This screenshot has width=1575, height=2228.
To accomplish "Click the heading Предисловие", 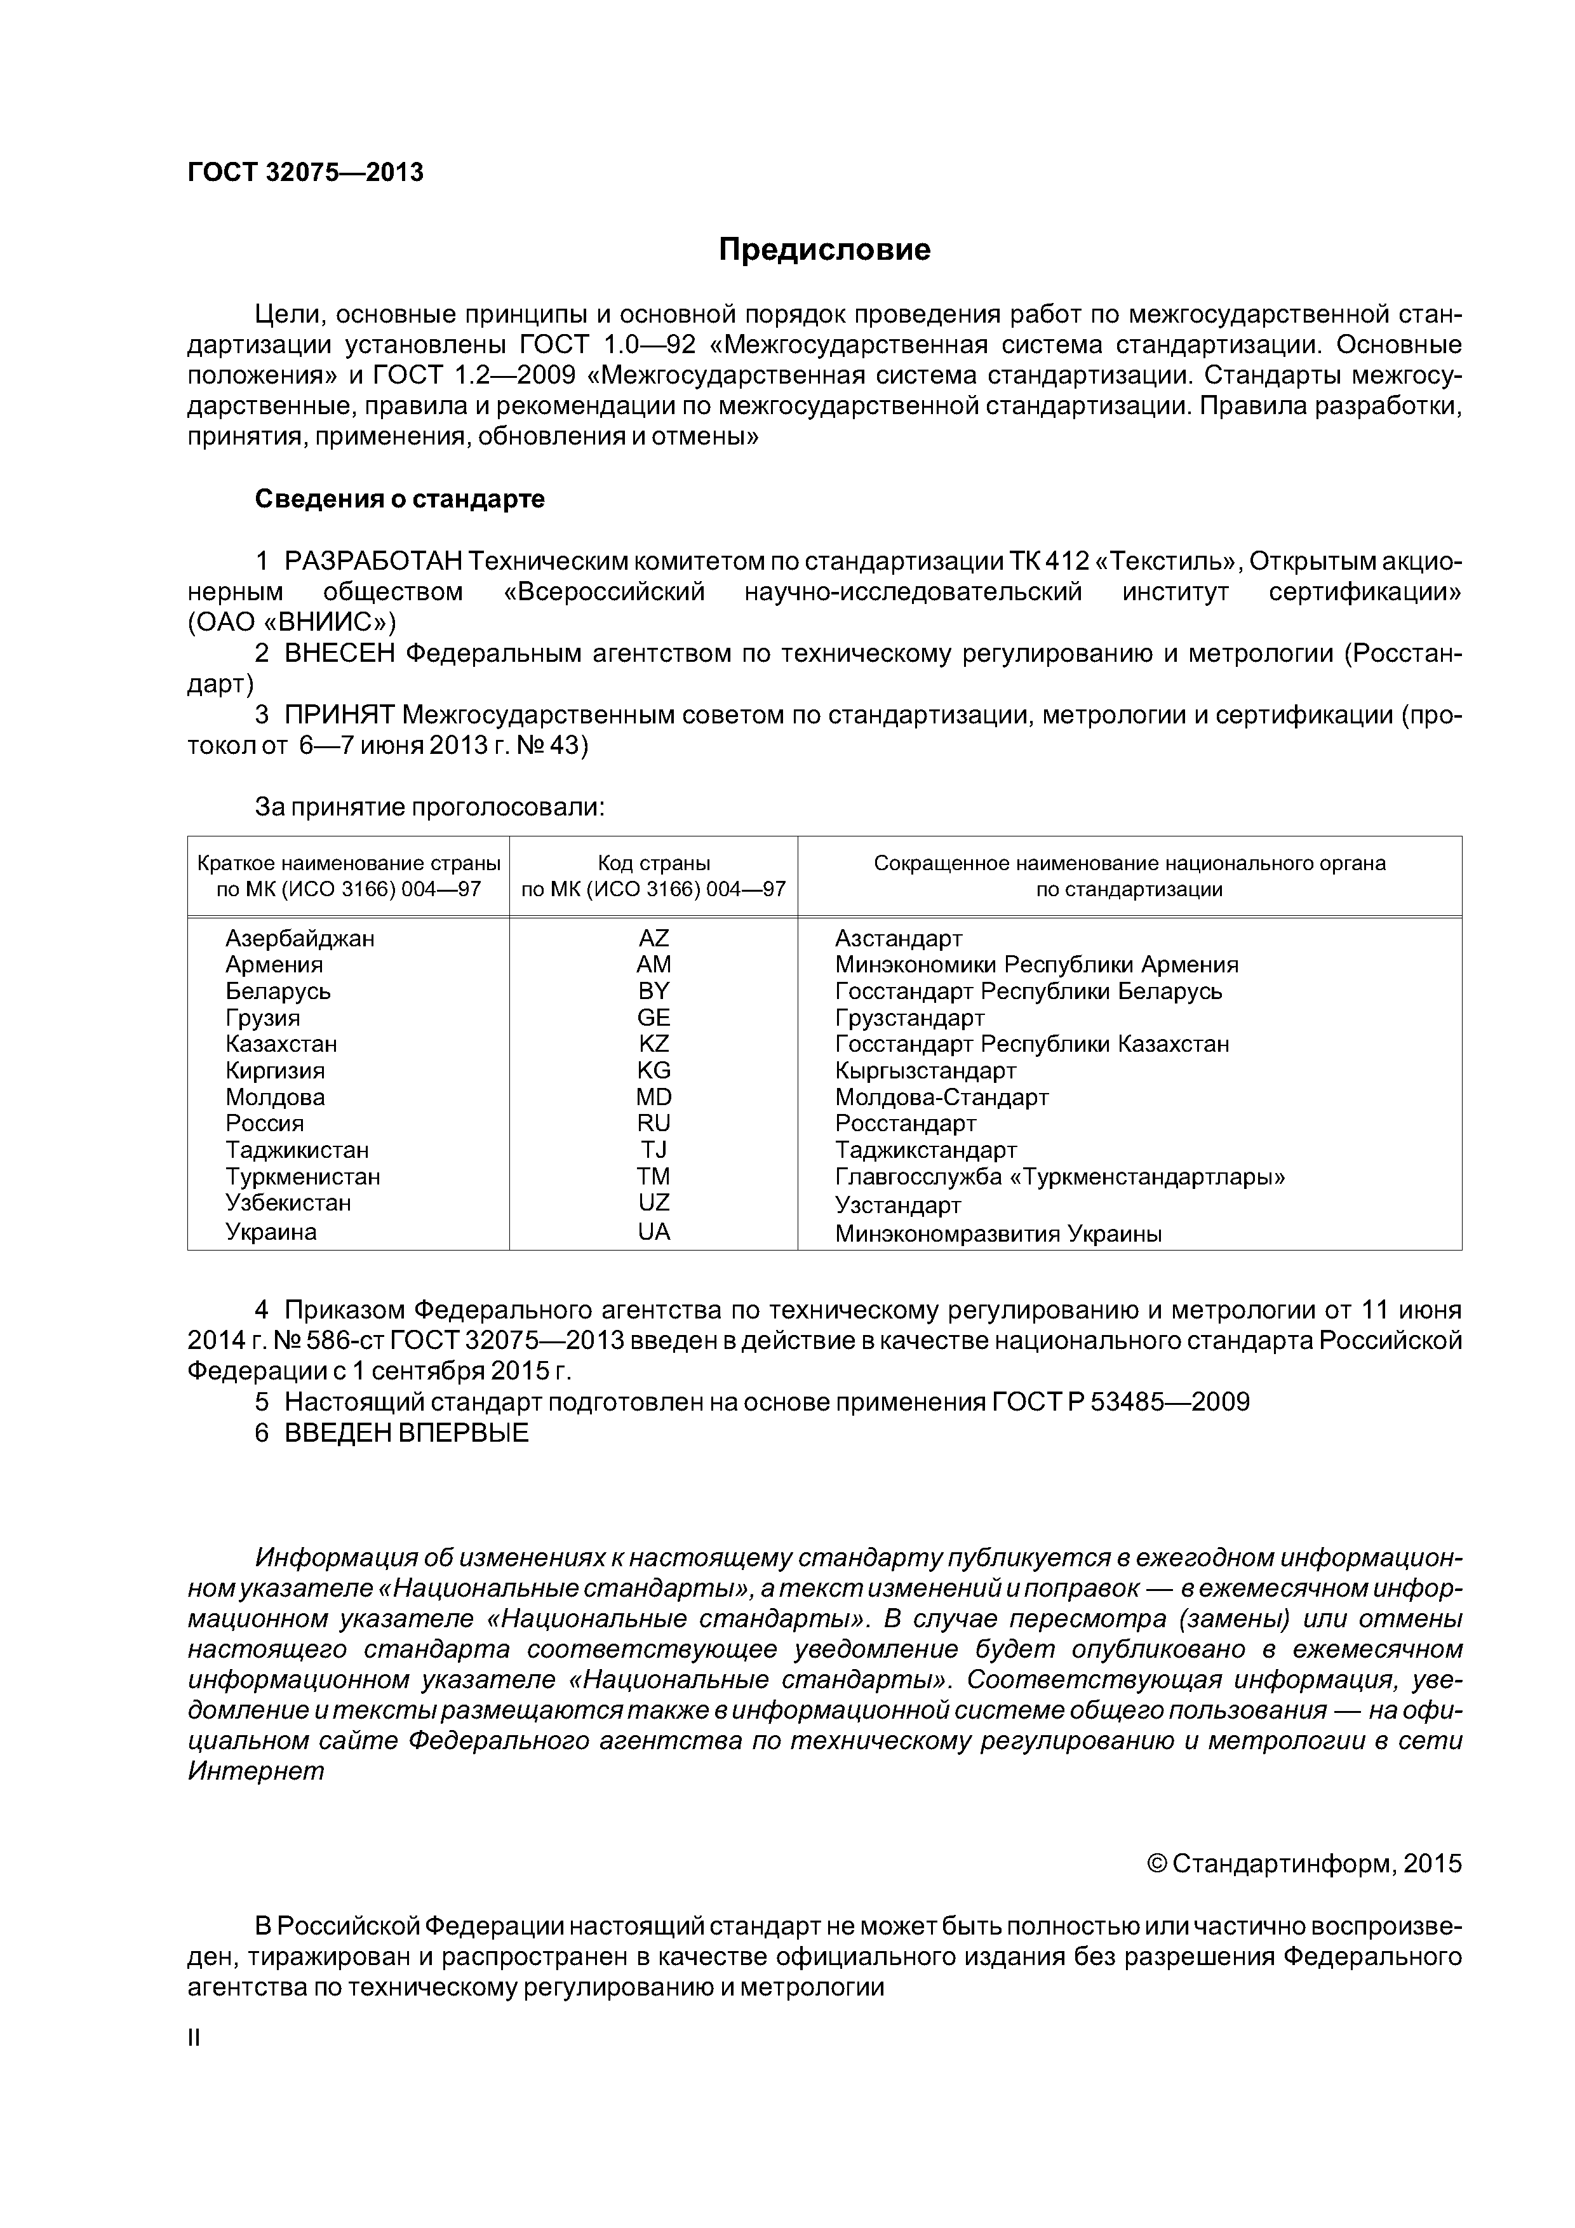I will point(824,250).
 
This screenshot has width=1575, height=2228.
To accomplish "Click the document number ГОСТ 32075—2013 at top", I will point(305,173).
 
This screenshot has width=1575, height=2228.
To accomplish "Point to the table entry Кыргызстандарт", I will point(925,1070).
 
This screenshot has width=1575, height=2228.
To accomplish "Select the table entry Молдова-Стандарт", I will point(941,1097).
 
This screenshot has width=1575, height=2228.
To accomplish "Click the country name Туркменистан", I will point(303,1177).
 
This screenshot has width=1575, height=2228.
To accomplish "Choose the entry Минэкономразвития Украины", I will point(998,1234).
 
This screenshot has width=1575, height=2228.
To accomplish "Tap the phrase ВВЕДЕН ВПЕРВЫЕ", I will point(406,1433).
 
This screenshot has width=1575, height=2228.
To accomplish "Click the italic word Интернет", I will point(256,1771).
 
